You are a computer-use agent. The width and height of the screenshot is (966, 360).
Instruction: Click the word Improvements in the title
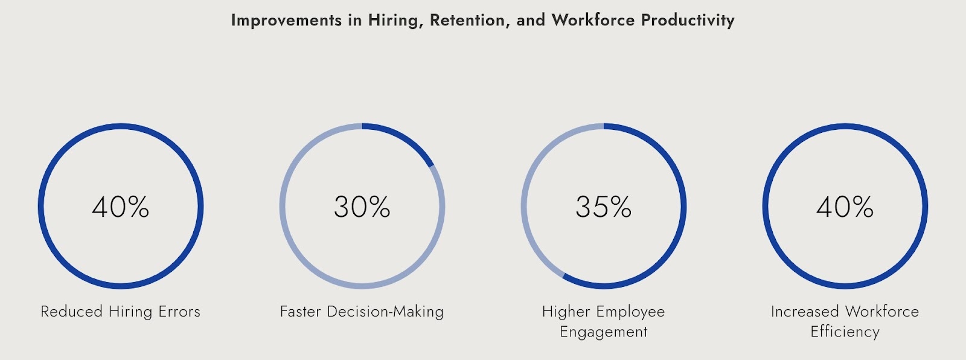point(286,21)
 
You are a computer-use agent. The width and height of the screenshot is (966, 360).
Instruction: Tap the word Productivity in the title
point(688,21)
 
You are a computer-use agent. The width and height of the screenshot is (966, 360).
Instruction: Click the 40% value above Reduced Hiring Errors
point(121,207)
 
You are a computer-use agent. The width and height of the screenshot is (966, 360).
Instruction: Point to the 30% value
point(362,207)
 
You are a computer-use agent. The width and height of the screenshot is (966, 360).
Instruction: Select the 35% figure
point(604,207)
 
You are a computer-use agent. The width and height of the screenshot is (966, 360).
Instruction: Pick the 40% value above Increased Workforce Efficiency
point(845,207)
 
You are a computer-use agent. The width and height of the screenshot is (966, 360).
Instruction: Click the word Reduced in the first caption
point(71,312)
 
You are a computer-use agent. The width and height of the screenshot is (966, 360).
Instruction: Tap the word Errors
point(179,312)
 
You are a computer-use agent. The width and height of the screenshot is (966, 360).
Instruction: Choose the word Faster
point(301,312)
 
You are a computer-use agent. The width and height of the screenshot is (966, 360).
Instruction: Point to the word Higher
point(566,312)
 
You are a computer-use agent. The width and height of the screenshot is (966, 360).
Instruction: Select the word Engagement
point(604,332)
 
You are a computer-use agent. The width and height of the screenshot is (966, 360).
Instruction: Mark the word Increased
point(805,312)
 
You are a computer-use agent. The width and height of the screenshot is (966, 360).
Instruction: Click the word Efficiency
point(845,332)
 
